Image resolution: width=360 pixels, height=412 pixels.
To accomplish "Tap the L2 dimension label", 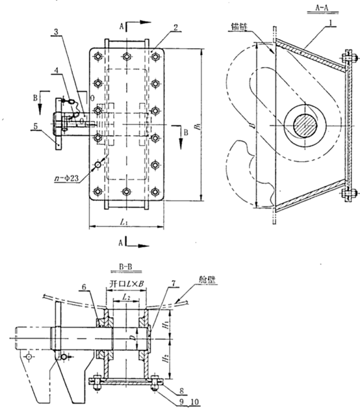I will click(127, 296).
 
